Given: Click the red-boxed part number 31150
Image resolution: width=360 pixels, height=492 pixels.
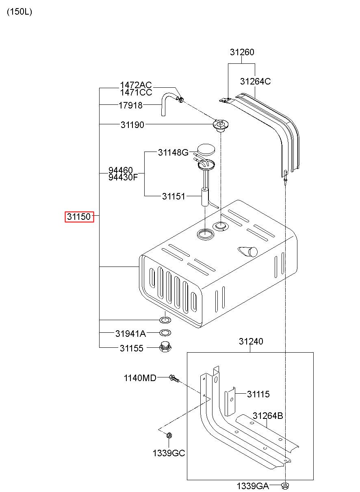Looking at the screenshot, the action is pyautogui.click(x=79, y=217).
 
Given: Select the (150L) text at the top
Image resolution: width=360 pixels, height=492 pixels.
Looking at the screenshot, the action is pyautogui.click(x=20, y=12).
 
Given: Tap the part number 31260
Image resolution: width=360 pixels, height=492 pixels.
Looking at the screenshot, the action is pyautogui.click(x=242, y=52).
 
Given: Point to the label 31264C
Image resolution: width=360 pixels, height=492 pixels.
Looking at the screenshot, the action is pyautogui.click(x=255, y=81).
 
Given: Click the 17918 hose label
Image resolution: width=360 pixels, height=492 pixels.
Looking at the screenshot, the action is pyautogui.click(x=130, y=106).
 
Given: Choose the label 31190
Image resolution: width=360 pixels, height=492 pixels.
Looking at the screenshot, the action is pyautogui.click(x=132, y=125).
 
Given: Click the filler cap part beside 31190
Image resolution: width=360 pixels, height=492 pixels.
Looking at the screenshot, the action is pyautogui.click(x=221, y=126).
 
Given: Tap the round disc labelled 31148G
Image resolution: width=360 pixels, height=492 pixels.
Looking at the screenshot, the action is pyautogui.click(x=206, y=150).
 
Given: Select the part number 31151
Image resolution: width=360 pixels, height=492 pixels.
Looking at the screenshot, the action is pyautogui.click(x=173, y=196).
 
